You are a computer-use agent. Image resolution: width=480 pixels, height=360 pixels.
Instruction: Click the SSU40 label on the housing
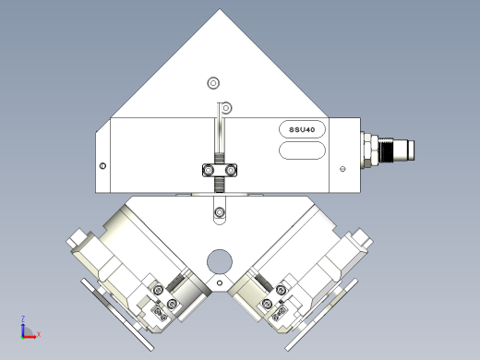coord(302,129)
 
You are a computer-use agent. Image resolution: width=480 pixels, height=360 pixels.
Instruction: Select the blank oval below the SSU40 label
coord(302,150)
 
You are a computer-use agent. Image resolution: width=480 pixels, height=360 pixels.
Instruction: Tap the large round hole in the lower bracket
coord(220,261)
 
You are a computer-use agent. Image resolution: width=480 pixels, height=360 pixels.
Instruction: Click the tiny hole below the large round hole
coord(220,283)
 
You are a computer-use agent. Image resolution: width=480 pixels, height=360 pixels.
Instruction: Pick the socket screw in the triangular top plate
coord(213,83)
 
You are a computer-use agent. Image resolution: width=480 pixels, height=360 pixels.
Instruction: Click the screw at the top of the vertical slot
coord(226,108)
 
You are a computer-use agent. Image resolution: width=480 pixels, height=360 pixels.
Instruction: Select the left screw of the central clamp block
coord(209,170)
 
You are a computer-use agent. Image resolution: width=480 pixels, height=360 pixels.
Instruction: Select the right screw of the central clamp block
coord(230,170)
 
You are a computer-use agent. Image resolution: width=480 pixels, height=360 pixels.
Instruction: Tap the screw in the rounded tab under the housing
coord(220,212)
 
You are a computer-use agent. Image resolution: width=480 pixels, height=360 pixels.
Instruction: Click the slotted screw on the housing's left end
coord(102,166)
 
